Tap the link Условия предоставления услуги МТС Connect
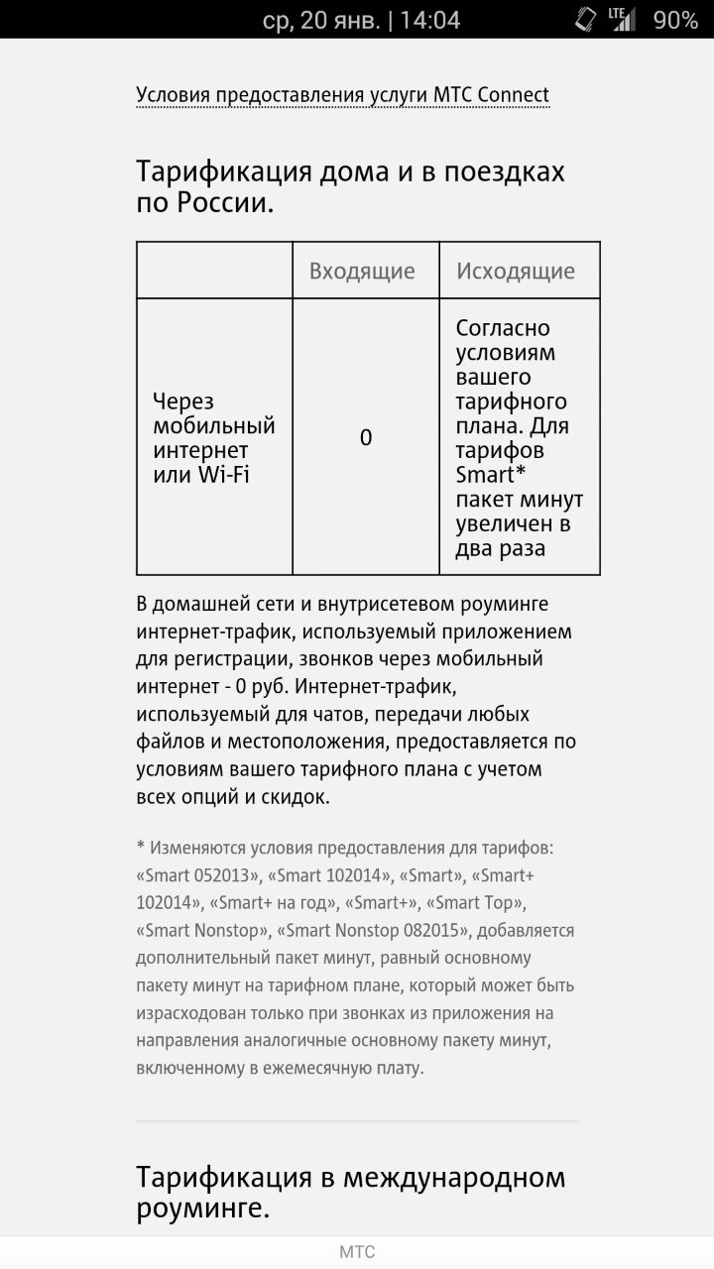(342, 95)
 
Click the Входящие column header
(362, 271)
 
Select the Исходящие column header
(515, 271)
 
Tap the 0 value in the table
(366, 437)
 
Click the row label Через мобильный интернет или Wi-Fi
(213, 437)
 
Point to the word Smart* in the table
(491, 474)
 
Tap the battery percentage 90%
(675, 20)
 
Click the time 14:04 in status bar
(430, 20)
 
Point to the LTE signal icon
(622, 19)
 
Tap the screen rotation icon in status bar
(585, 19)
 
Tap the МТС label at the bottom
(357, 1252)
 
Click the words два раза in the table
(501, 548)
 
